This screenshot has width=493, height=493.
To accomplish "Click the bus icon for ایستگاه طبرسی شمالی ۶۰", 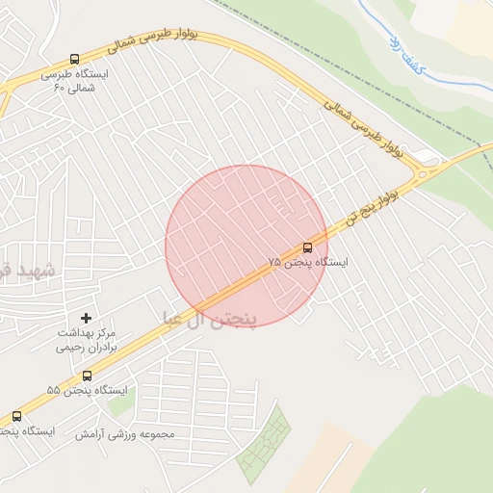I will (75, 59).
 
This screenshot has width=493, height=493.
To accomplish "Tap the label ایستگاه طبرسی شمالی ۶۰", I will (75, 81).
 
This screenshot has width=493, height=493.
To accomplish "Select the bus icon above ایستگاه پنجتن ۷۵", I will (307, 247).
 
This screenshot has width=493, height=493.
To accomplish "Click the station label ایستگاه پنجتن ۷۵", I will (307, 262).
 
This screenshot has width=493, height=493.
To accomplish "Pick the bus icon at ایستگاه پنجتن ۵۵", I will (87, 376).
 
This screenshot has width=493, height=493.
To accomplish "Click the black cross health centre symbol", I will (87, 317).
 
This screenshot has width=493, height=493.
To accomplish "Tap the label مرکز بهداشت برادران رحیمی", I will (87, 340).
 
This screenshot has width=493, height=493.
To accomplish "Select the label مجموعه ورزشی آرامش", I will (125, 434).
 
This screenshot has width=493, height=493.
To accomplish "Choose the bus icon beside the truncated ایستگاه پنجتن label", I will (16, 416).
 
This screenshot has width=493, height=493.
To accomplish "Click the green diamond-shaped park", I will (264, 445).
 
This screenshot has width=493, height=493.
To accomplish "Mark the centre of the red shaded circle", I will (246, 246).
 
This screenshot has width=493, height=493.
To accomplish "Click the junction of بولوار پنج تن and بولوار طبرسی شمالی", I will (425, 173).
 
